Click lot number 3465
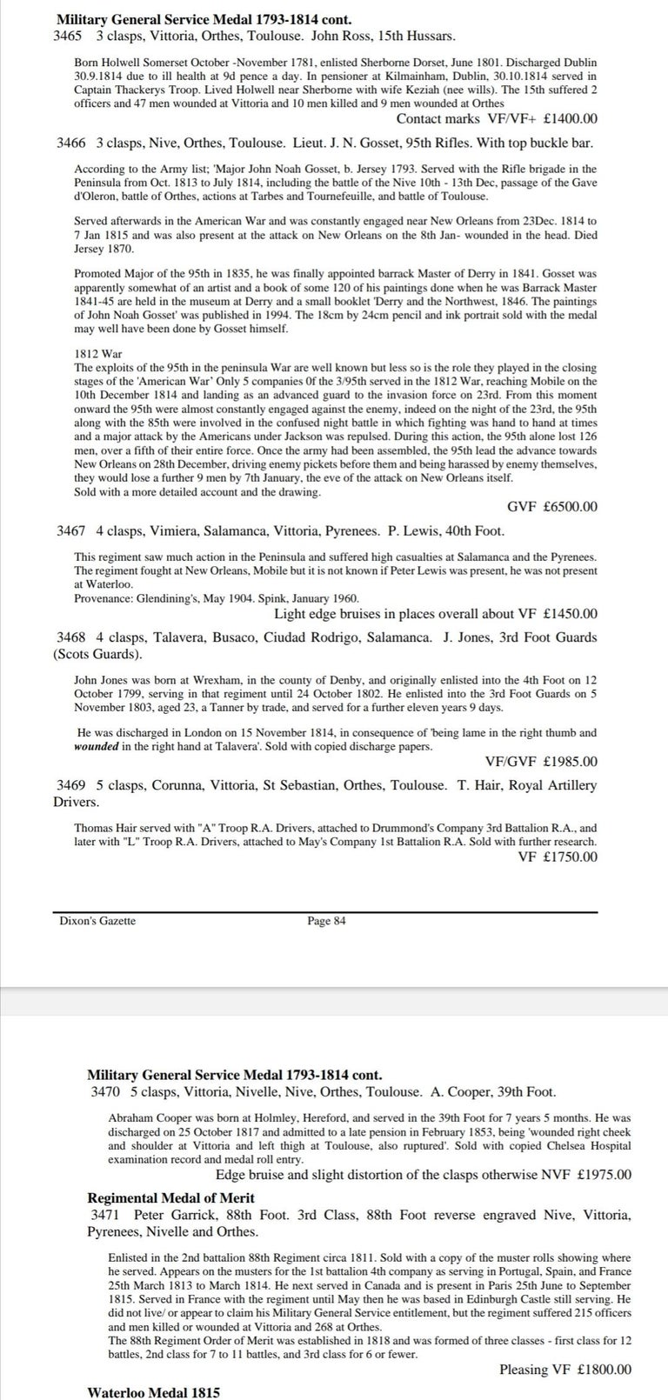[68, 36]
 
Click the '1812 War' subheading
[98, 354]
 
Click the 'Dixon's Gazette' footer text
[97, 921]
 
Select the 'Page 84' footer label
[326, 921]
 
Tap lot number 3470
[106, 1091]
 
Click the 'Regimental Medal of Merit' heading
[171, 1197]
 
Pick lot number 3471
[106, 1214]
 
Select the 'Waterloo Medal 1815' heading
[154, 1393]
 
